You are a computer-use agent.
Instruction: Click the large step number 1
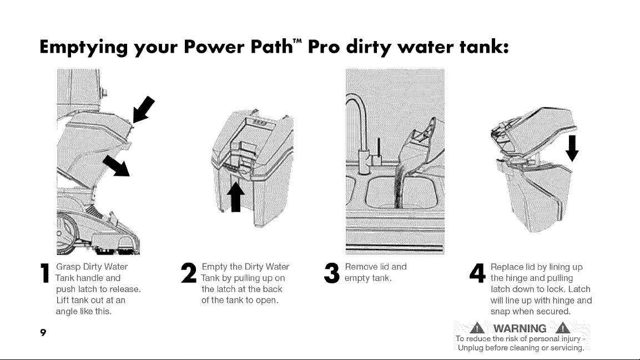pos(45,273)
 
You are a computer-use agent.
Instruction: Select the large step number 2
pos(189,273)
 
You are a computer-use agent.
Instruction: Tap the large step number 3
pos(332,273)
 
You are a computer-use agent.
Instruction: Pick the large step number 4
pos(477,273)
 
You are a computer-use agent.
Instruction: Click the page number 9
pos(43,332)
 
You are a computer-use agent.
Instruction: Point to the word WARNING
pos(520,328)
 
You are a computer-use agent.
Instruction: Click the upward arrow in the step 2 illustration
pos(236,197)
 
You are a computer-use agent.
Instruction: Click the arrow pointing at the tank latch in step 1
pos(144,109)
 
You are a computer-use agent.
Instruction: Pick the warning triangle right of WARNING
pos(563,328)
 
